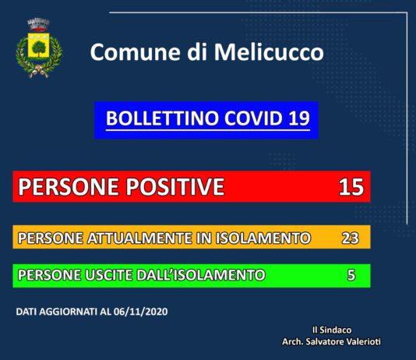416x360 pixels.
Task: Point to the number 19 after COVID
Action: point(298,119)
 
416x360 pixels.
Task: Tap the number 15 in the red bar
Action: point(351,187)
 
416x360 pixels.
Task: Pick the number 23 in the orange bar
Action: point(350,237)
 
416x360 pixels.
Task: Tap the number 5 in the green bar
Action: point(351,275)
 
